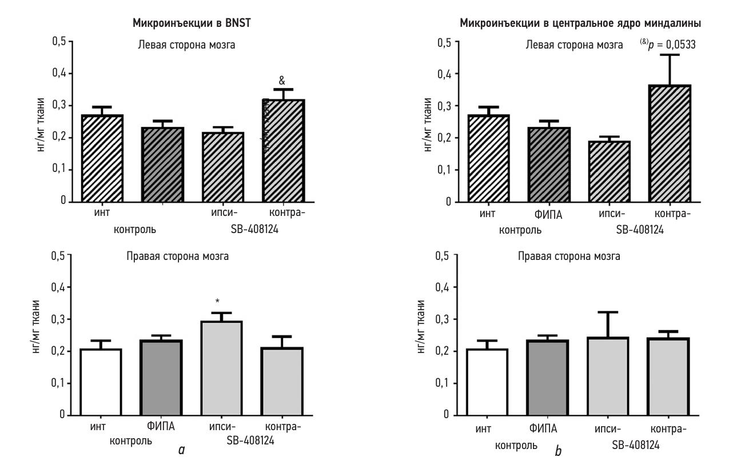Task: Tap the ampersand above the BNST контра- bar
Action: (282, 81)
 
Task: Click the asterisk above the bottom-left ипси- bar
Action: (217, 300)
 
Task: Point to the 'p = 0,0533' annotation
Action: (668, 45)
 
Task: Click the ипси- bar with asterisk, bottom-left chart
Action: (217, 368)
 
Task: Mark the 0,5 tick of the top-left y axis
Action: (59, 42)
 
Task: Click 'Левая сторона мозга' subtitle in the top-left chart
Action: (186, 45)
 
